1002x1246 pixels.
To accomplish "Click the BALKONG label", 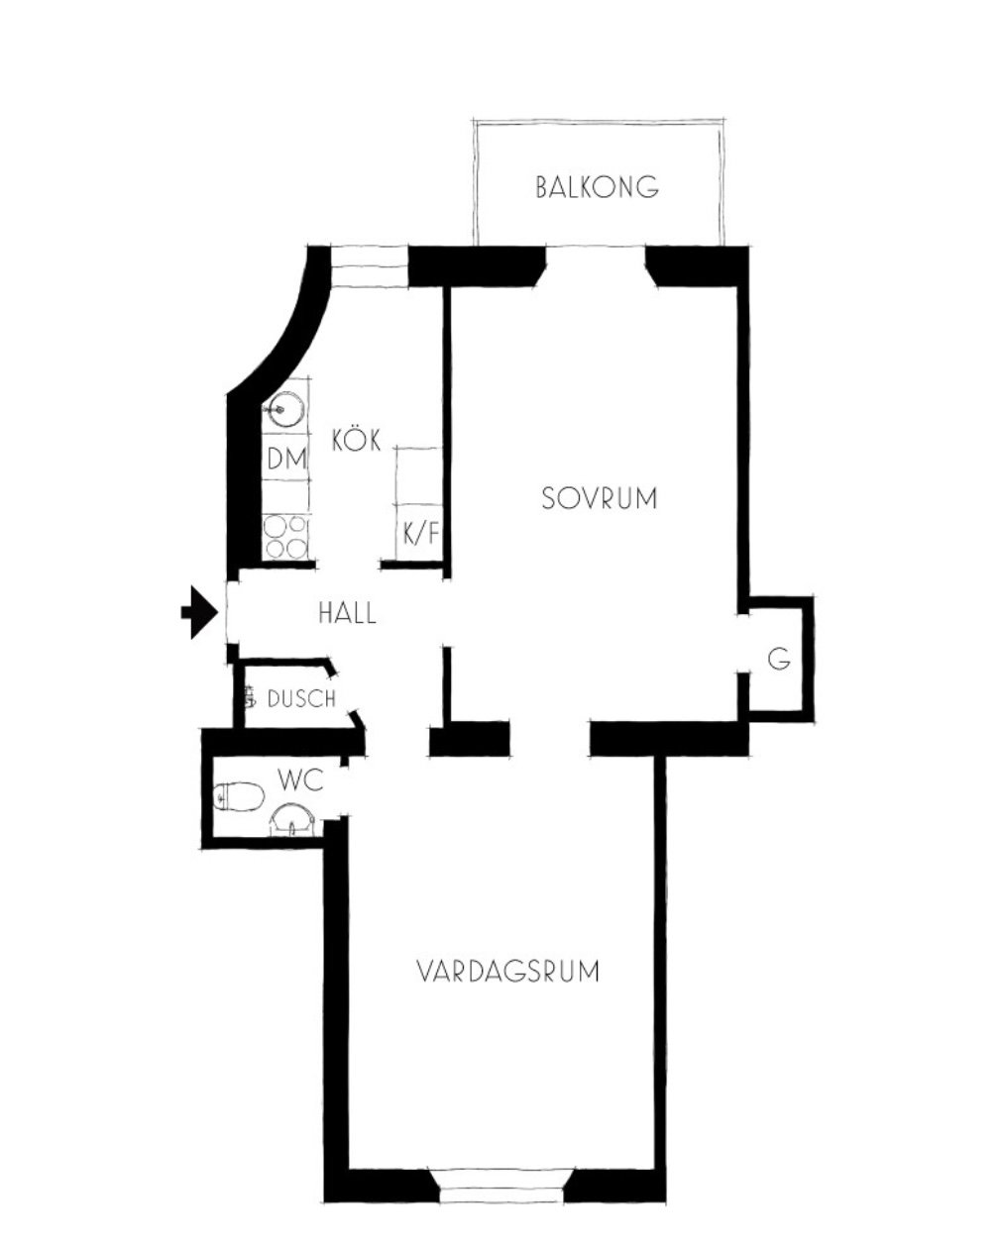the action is pos(597,187).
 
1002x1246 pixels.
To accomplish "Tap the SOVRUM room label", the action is pos(600,498).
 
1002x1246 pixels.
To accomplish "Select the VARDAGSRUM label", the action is pos(507,971).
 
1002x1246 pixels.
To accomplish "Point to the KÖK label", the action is pos(357,439).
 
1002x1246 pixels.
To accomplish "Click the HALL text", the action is pos(347,612).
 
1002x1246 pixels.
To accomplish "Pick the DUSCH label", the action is pos(301,699).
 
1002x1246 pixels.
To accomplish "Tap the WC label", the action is pos(300,779).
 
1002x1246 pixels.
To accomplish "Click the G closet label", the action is pos(779,660).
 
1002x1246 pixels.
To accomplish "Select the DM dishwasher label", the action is pos(286,460).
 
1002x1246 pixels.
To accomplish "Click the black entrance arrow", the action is pos(199,612).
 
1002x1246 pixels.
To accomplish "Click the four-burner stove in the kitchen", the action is pos(284,536).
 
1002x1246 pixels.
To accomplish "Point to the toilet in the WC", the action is pos(239,796).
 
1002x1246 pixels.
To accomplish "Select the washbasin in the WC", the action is pos(292,819).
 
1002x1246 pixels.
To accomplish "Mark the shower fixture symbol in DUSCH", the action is pos(251,696).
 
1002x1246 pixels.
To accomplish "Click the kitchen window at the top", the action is pos(369,265).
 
